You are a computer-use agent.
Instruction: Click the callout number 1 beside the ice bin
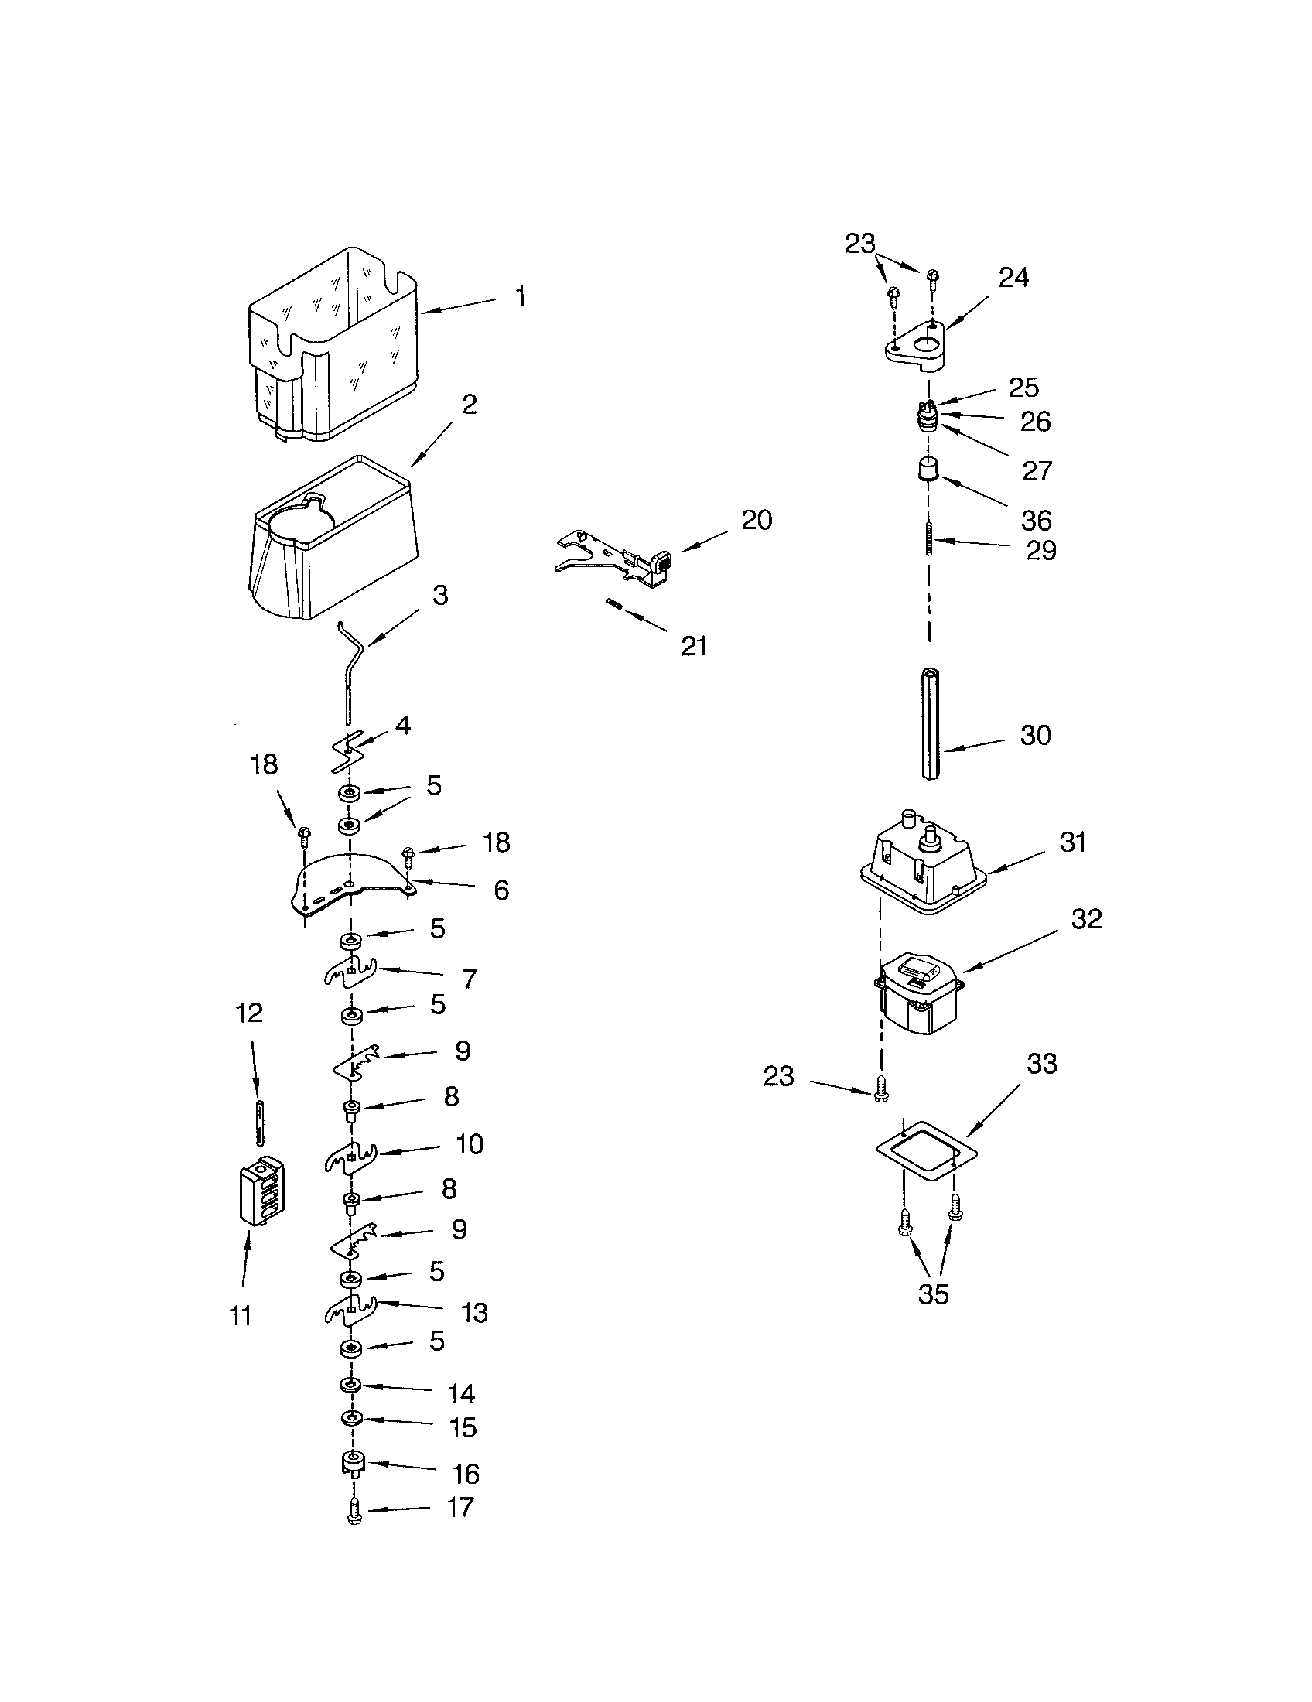tap(520, 296)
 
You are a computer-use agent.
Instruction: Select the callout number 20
tap(756, 520)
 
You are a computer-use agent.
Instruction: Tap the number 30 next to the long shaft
tap(1035, 735)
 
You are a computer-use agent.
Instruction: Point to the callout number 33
tap(1042, 1064)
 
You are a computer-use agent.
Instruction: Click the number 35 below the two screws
tap(933, 1294)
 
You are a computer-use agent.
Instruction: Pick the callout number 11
tap(241, 1316)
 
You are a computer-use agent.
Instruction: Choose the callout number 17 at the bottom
tap(460, 1507)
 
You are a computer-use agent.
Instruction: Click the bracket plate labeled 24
tap(915, 341)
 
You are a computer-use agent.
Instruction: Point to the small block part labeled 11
tap(260, 1190)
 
